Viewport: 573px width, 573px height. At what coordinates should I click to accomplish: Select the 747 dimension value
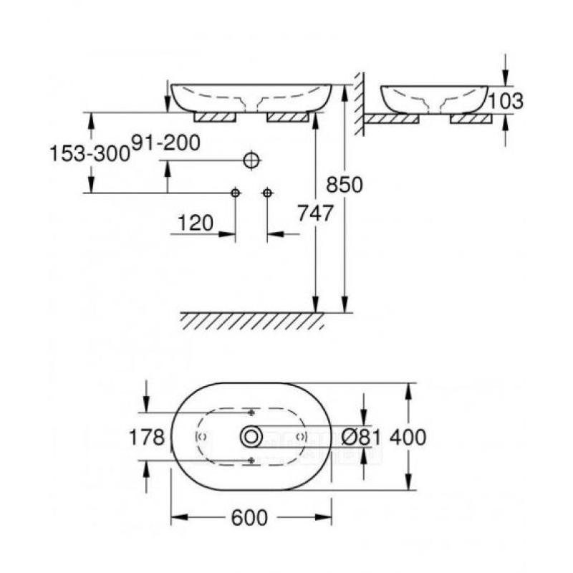pos(315,213)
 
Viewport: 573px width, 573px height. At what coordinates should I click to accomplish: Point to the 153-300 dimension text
pos(90,153)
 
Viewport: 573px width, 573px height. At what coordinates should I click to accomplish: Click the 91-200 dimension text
pos(165,143)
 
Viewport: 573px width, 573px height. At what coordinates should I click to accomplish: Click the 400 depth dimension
pos(409,436)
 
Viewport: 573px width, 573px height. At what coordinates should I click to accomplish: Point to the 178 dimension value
pos(147,436)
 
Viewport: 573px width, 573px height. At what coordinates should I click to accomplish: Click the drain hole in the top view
pos(251,435)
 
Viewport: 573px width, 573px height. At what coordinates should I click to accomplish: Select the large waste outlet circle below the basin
pos(250,160)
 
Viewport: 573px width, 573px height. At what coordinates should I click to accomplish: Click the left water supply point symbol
pos(235,193)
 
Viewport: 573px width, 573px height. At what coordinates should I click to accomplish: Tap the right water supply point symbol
pos(267,193)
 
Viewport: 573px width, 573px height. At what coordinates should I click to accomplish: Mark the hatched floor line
pos(251,319)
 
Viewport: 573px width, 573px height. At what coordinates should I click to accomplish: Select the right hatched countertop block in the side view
pos(471,119)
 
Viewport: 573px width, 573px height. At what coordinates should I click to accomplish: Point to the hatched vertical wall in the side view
pos(360,104)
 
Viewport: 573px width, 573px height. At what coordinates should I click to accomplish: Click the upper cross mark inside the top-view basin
pos(251,413)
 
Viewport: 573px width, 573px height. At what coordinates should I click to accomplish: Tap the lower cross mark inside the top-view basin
pos(251,459)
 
